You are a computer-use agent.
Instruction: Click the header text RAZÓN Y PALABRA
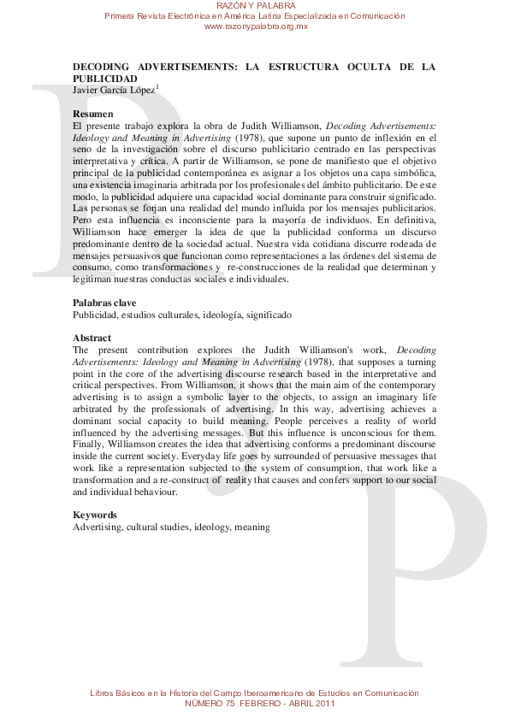click(255, 7)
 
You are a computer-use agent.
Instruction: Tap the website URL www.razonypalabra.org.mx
click(255, 27)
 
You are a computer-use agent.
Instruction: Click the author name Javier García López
click(113, 89)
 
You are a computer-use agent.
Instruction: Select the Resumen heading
click(93, 114)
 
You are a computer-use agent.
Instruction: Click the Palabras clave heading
click(104, 303)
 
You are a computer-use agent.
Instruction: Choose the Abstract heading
click(92, 338)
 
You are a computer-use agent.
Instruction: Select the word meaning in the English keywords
click(252, 528)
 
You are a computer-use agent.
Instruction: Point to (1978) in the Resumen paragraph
click(252, 137)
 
